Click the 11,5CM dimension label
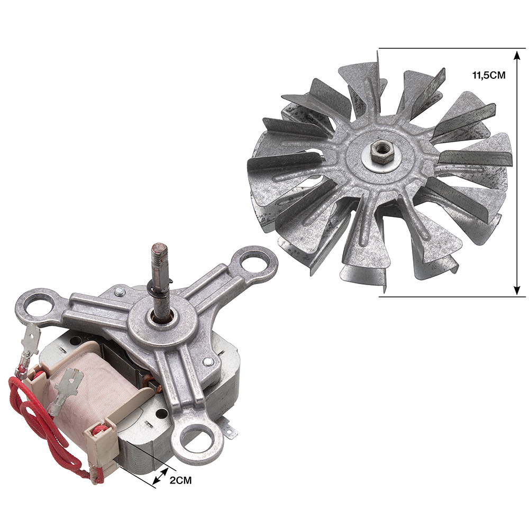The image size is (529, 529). (488, 75)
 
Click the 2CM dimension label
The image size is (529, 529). (180, 480)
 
